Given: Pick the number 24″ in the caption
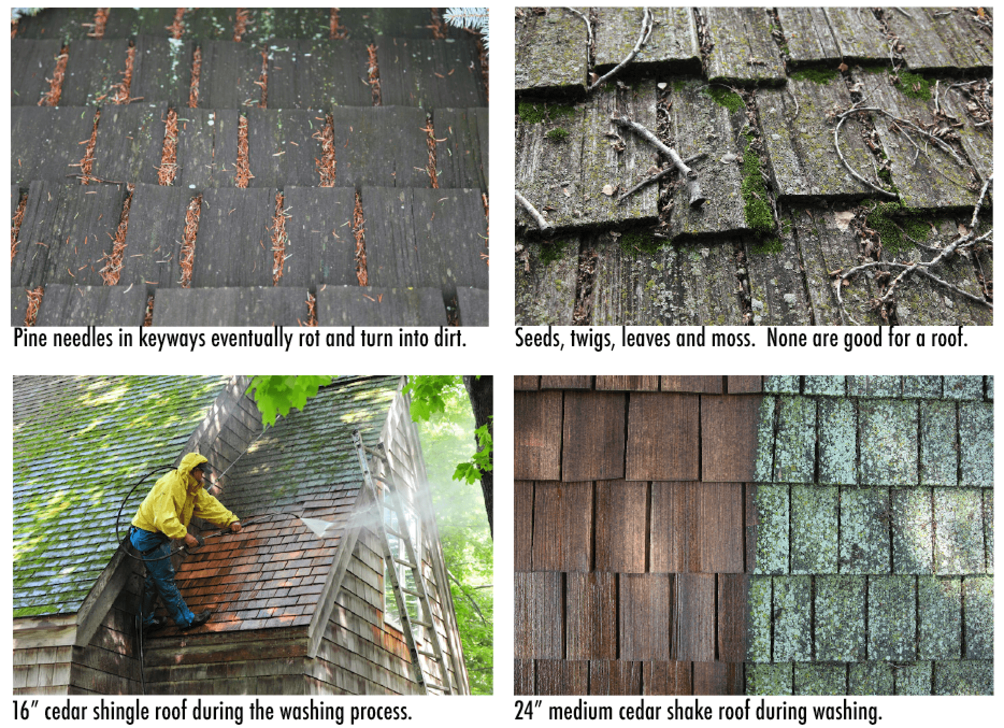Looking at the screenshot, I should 529,711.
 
